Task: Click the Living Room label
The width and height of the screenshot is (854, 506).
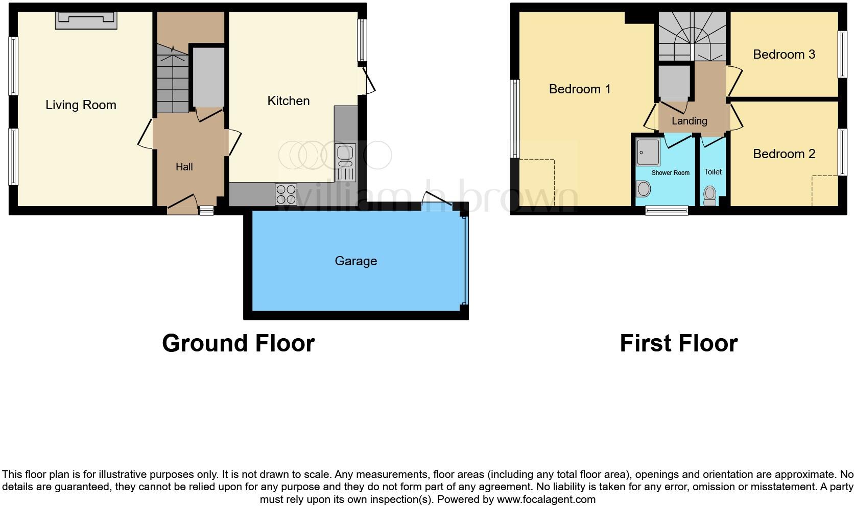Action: point(81,105)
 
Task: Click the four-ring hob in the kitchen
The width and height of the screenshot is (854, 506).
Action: point(286,194)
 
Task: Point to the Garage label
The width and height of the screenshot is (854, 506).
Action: point(355,261)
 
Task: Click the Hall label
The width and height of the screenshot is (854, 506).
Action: point(184,167)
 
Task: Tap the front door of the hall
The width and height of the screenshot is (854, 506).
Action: point(182,204)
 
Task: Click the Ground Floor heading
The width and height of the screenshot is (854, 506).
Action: point(238,343)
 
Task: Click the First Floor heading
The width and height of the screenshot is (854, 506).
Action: point(678,343)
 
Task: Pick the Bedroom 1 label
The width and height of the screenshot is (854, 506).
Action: point(579,89)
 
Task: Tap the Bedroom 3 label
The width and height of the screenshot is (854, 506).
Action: point(784,55)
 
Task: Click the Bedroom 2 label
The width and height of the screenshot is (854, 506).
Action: point(784,154)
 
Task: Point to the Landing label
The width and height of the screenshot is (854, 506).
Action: point(689,121)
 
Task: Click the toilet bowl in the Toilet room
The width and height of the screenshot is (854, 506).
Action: point(709,194)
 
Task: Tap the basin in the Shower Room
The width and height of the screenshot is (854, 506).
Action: point(644,189)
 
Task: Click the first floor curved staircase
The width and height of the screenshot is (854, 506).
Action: point(692,36)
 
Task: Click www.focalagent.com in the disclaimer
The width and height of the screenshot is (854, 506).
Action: point(545,499)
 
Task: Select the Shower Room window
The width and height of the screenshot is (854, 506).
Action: point(666,210)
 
